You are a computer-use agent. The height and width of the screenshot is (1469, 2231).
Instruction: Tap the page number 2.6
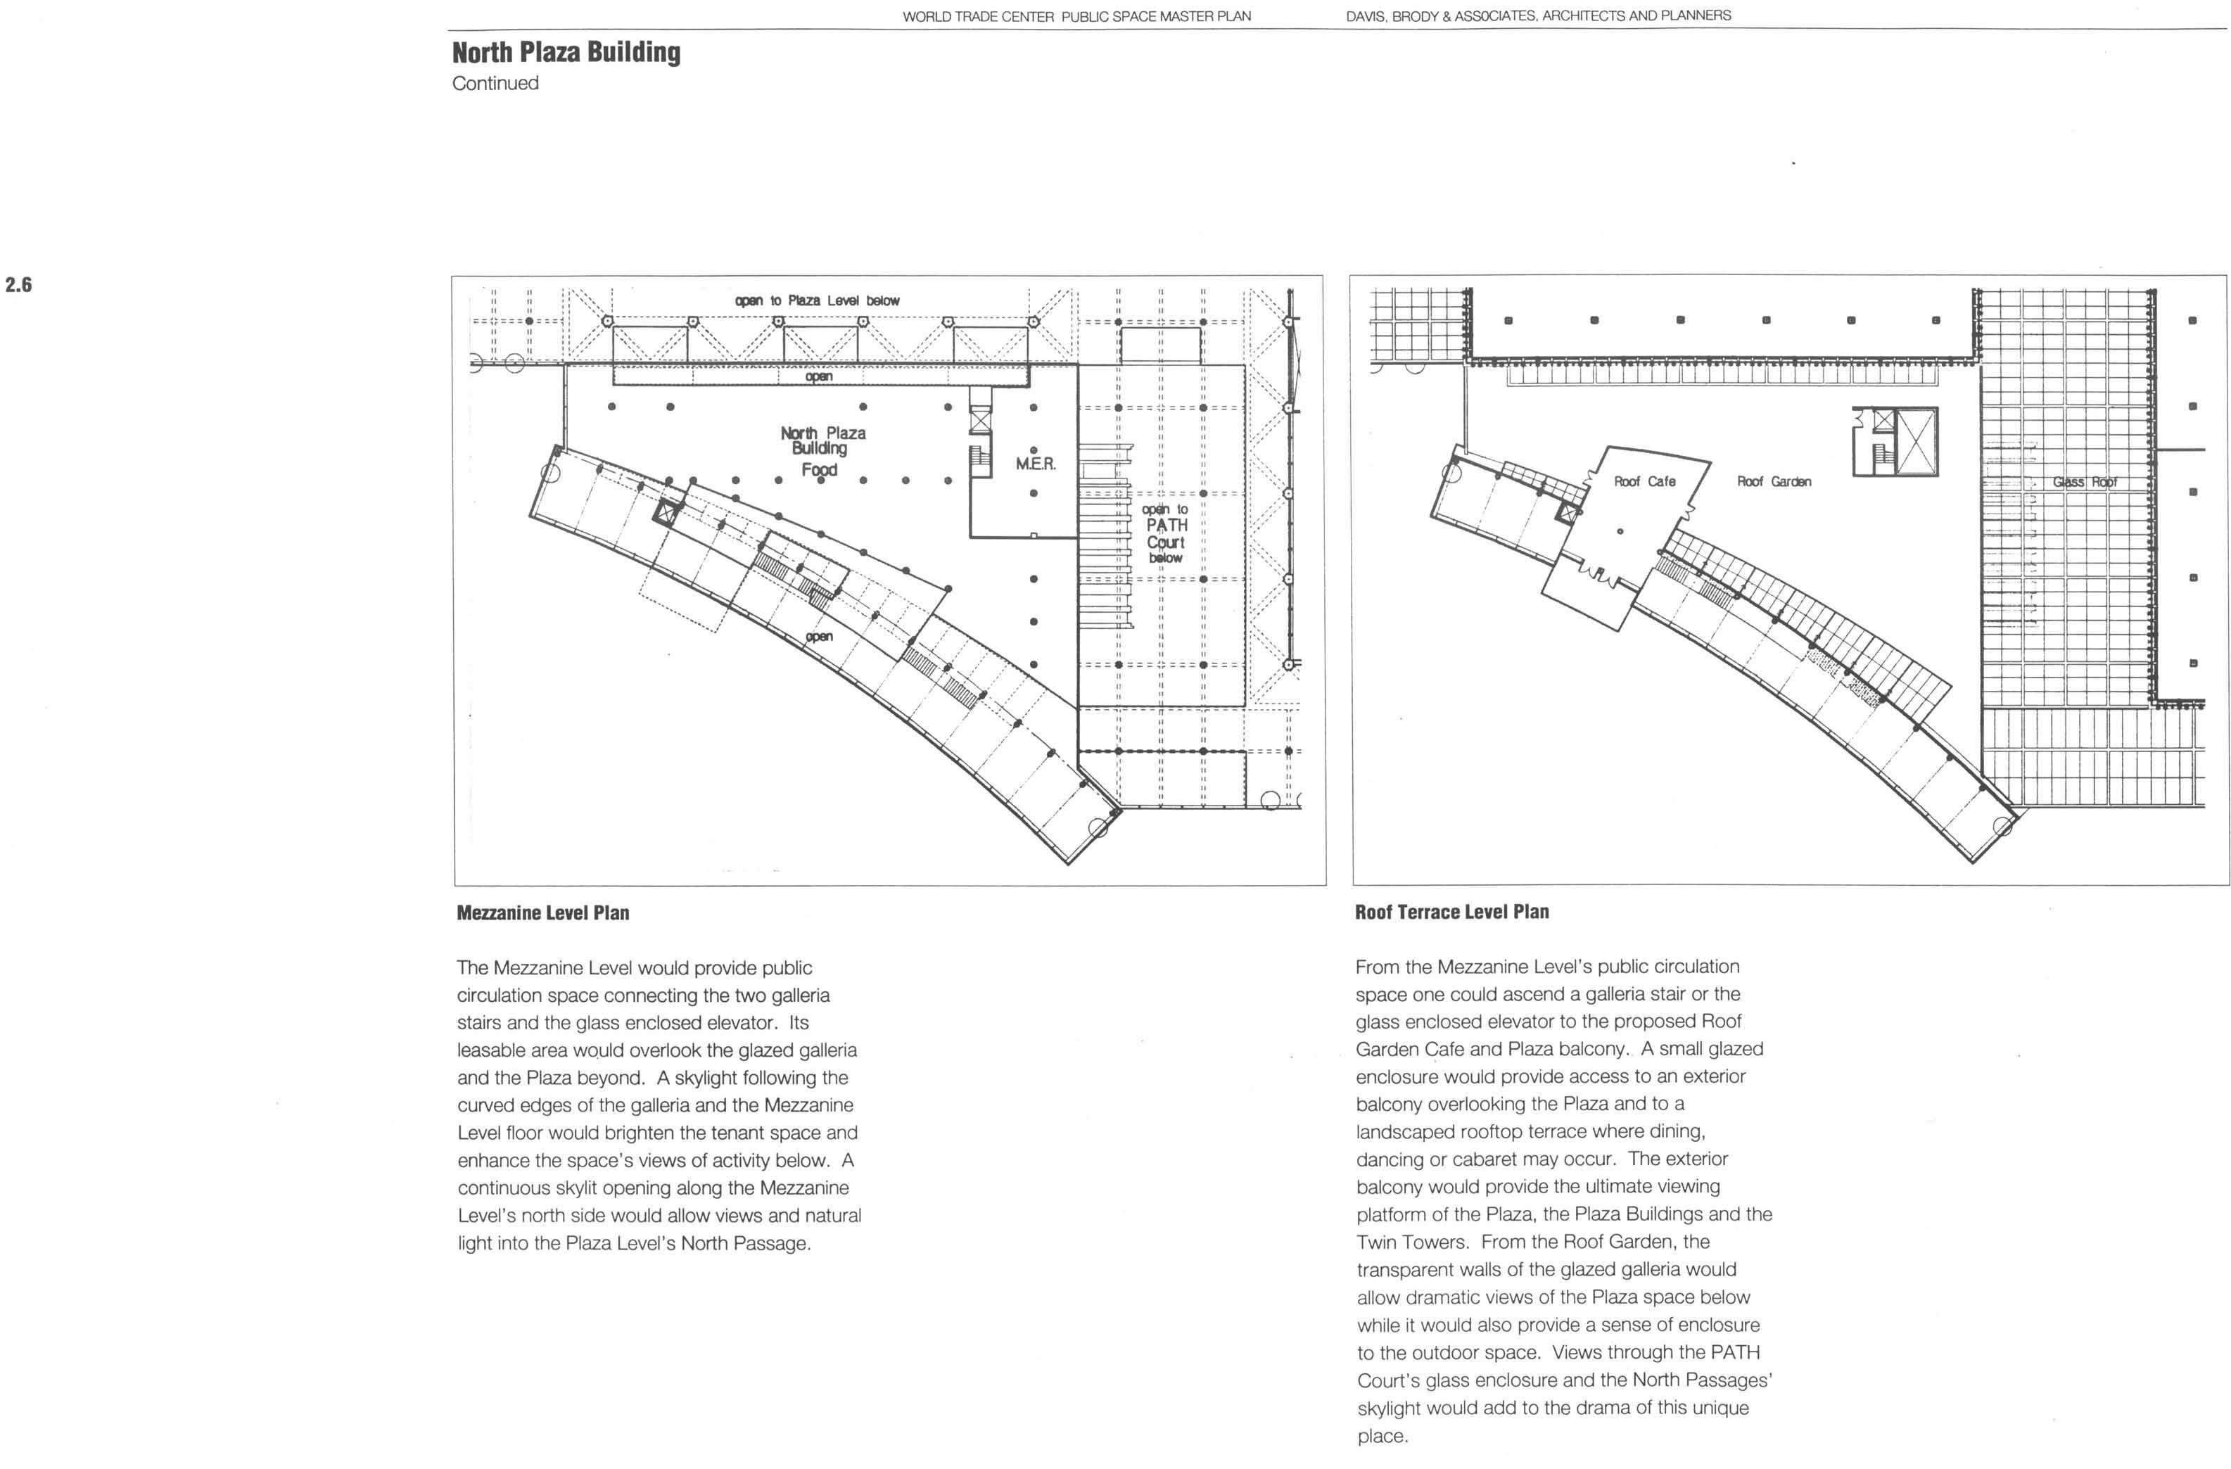click(19, 284)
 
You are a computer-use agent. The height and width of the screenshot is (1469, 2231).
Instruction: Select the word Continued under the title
click(495, 84)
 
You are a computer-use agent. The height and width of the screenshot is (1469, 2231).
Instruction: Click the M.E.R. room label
click(1036, 464)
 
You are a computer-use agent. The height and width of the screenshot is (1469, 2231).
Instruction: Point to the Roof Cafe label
click(1644, 481)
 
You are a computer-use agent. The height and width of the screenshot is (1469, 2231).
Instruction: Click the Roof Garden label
click(1774, 481)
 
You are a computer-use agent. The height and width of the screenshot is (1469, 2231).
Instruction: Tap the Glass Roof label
click(2085, 482)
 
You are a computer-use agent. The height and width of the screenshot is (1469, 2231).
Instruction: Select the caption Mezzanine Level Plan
click(542, 913)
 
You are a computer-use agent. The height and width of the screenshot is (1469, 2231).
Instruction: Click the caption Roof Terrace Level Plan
click(1452, 912)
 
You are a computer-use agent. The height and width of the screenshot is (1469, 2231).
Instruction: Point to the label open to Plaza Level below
click(818, 301)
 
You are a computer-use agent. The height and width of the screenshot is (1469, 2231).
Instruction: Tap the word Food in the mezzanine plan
click(819, 470)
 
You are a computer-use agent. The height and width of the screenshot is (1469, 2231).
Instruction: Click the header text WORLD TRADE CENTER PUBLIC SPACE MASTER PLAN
click(1076, 16)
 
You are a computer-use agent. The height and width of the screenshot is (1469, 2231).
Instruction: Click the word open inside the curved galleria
click(818, 637)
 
